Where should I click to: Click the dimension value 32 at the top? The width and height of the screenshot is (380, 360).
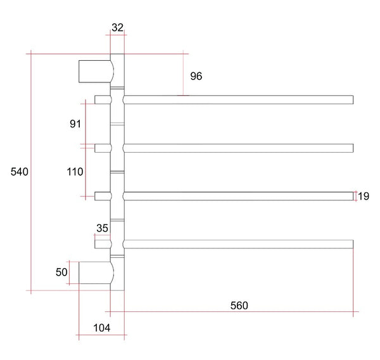pos(117,27)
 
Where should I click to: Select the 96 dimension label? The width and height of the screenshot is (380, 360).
pos(196,76)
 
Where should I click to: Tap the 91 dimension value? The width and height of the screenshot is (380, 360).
pos(75,124)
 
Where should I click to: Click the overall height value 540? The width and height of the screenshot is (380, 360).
pos(20,172)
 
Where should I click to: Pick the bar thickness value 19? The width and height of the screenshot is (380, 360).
pos(364,196)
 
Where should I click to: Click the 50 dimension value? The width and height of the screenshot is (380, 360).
pos(61,273)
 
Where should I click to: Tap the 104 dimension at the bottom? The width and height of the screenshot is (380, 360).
pos(101,328)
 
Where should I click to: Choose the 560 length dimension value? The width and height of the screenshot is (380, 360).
pos(239,305)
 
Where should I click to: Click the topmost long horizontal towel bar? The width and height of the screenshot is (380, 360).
pos(238,100)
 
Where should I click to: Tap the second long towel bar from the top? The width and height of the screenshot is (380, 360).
pos(238,148)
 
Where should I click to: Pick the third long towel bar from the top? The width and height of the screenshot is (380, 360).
pos(238,196)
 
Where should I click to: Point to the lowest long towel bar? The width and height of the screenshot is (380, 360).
pos(238,244)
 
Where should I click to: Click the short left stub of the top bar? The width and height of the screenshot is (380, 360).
pos(102,100)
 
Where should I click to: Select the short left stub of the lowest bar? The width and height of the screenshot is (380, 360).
pos(102,244)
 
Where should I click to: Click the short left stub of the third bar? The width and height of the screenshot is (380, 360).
pos(102,196)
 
